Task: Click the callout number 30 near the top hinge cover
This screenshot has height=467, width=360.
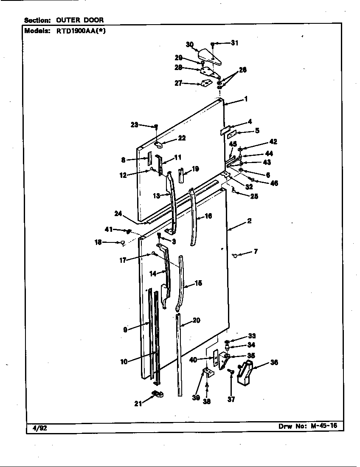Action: coord(190,45)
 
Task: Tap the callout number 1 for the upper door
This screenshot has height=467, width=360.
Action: coord(246,99)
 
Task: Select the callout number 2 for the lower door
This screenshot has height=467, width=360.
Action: coord(249,221)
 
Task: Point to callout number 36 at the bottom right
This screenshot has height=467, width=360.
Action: coord(274,362)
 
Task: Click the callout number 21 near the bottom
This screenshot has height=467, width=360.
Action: coord(138,404)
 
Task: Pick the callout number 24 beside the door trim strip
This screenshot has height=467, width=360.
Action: coord(118,214)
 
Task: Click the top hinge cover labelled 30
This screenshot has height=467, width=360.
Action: coord(210,57)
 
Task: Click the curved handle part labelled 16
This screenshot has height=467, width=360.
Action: coord(194,217)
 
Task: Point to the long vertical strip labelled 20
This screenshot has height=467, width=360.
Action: coord(179,355)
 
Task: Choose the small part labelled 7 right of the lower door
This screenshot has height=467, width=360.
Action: coord(235,255)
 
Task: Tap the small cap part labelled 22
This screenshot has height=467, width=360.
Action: coord(159,145)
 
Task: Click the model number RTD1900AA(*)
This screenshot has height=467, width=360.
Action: coord(81,31)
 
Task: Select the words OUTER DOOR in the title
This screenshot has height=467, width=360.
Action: coord(80,20)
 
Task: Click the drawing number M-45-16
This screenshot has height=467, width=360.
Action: coord(324,425)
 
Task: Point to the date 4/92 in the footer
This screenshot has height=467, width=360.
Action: coord(39,429)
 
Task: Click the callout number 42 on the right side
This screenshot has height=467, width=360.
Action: coord(273,141)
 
